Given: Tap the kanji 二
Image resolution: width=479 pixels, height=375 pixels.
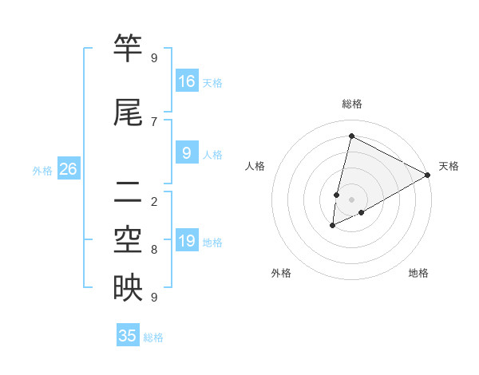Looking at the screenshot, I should (x=128, y=191).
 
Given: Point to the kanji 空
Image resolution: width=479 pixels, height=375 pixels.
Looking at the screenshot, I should (x=128, y=240).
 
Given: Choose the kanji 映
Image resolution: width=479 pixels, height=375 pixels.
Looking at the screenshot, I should (x=128, y=288).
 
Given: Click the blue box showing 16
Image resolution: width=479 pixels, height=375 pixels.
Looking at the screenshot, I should (x=187, y=81).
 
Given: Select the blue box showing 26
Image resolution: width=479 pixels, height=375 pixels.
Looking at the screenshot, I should (x=68, y=169).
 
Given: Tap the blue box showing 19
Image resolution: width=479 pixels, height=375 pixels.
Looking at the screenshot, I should (x=187, y=241).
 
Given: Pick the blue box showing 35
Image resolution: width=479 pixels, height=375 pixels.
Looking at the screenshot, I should (x=128, y=336).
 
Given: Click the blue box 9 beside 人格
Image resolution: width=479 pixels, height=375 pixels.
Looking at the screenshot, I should (x=187, y=153).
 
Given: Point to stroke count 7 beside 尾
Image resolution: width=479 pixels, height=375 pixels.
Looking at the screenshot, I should (x=154, y=121).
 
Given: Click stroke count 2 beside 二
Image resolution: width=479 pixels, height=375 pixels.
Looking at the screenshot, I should (x=154, y=201).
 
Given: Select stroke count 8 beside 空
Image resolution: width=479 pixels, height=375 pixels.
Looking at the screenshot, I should (x=154, y=250).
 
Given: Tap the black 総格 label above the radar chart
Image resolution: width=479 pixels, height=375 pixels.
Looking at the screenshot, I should (x=352, y=104).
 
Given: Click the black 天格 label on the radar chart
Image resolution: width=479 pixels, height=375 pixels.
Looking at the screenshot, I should (x=449, y=166).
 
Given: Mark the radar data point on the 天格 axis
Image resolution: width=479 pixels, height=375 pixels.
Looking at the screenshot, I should (x=429, y=175).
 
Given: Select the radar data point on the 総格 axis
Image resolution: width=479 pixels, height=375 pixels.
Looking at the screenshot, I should (x=351, y=136).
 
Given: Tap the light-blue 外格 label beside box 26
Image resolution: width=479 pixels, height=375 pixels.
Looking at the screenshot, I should (x=42, y=170).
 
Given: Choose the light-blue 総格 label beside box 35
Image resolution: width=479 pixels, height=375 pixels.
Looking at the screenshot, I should (x=154, y=337).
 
